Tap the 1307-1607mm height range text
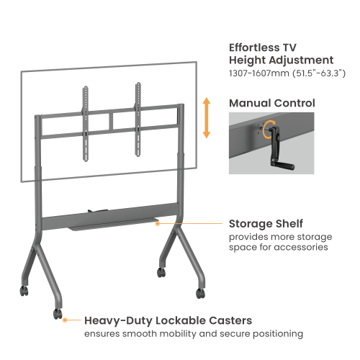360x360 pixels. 261,73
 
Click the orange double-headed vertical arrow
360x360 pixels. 207,120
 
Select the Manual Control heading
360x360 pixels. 271,104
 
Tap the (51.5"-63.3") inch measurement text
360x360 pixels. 320,73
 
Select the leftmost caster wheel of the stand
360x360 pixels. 24,292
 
